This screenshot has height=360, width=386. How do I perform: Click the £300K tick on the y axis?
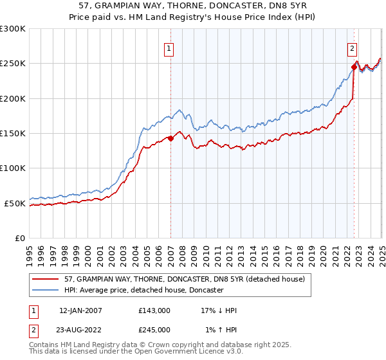click(x=13, y=29)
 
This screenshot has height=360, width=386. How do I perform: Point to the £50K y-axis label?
click(x=15, y=203)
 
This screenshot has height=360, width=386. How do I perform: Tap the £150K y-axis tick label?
click(x=13, y=134)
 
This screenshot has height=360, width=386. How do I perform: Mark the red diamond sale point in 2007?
click(x=170, y=138)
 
